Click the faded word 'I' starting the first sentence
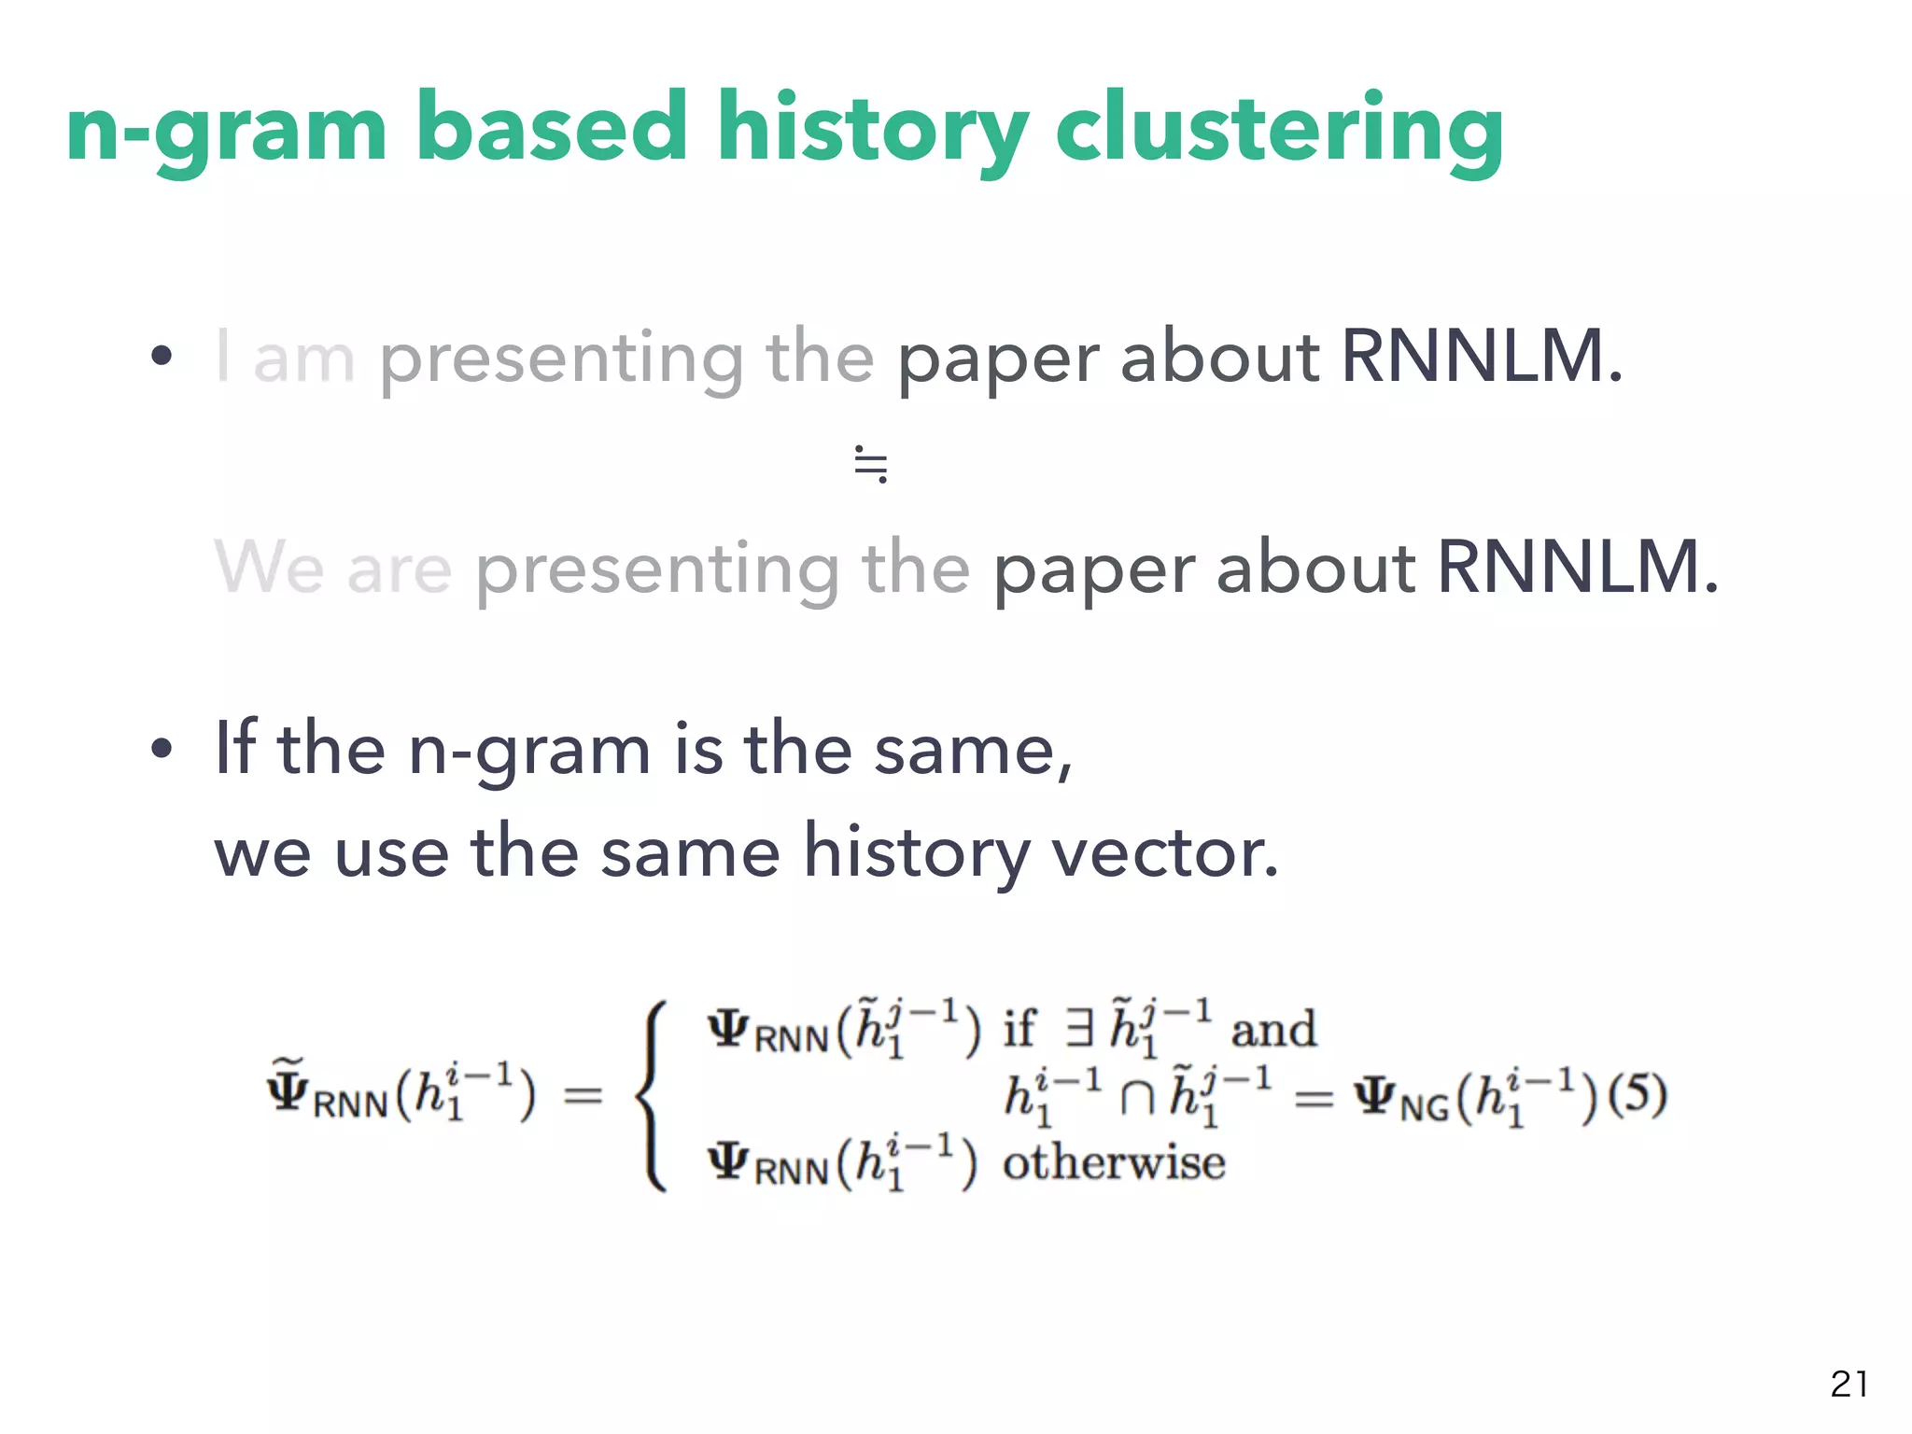pos(222,356)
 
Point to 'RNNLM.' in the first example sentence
pos(1482,356)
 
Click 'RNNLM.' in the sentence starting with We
pos(1577,567)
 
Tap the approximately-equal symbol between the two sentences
pos(870,464)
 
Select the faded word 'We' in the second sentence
pos(270,567)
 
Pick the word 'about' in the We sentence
pos(1315,567)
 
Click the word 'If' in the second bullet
pos(234,748)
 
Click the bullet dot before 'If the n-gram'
pos(162,749)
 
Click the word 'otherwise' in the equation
pos(1113,1163)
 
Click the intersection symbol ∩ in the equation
pos(1136,1098)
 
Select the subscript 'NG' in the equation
pos(1424,1108)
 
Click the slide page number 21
pos(1849,1384)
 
